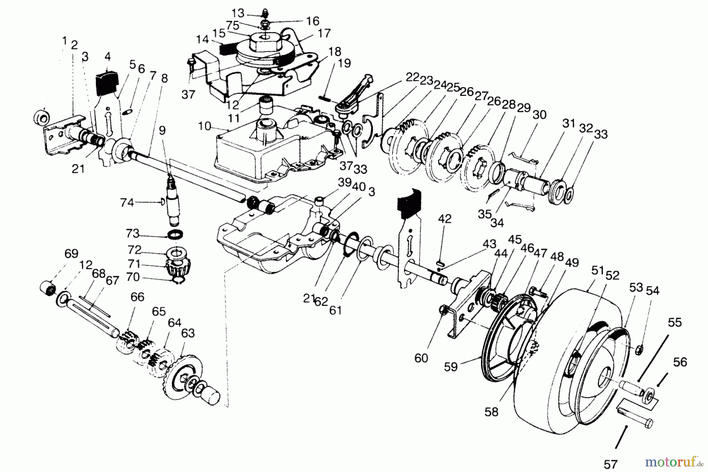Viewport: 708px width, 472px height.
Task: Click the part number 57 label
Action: tap(610, 465)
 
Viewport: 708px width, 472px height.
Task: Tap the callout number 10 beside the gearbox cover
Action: tap(205, 127)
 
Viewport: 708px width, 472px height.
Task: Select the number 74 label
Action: tap(127, 203)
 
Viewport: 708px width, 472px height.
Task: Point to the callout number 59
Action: tap(451, 367)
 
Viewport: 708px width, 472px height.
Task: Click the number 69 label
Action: tap(72, 253)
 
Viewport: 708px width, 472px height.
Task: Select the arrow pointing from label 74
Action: tap(147, 203)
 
